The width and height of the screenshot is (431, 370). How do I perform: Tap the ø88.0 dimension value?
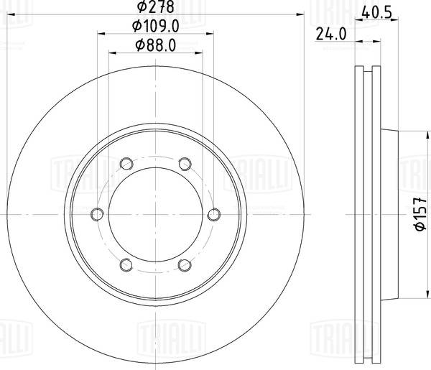pos(156,45)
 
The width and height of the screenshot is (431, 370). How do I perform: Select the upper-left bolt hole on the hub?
pos(126,162)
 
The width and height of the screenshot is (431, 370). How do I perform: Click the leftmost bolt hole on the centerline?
pos(97,213)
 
